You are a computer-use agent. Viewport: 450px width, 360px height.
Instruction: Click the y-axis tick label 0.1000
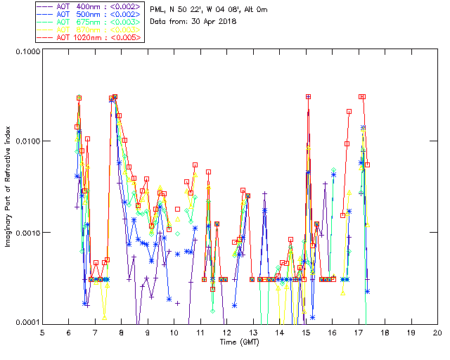click(x=26, y=51)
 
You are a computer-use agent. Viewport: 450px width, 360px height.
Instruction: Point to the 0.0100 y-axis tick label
click(x=26, y=142)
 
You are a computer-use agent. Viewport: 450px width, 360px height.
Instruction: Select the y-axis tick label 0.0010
click(x=26, y=233)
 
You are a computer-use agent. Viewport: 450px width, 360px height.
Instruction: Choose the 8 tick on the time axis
click(x=122, y=333)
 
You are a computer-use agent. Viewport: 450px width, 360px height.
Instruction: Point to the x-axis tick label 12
click(x=226, y=333)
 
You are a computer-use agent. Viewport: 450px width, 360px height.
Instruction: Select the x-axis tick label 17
click(x=358, y=333)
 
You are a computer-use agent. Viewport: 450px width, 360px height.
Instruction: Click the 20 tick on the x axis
click(x=437, y=333)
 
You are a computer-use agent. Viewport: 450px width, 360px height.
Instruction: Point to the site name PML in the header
click(x=158, y=9)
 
